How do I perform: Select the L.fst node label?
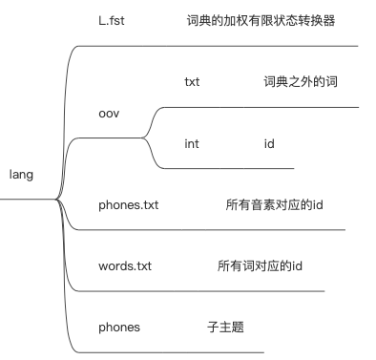pyautogui.click(x=114, y=18)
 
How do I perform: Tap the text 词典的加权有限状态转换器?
pyautogui.click(x=261, y=18)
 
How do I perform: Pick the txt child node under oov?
pyautogui.click(x=193, y=82)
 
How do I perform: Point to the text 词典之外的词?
pyautogui.click(x=300, y=82)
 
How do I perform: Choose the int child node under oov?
pyautogui.click(x=192, y=144)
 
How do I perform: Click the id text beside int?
pyautogui.click(x=269, y=144)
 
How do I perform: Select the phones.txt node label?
pyautogui.click(x=128, y=205)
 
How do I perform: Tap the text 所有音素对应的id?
pyautogui.click(x=275, y=205)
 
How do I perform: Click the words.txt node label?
pyautogui.click(x=124, y=265)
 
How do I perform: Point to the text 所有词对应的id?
pyautogui.click(x=260, y=265)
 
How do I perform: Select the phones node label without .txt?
pyautogui.click(x=119, y=327)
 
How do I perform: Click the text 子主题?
pyautogui.click(x=225, y=327)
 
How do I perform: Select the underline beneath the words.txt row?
pyautogui.click(x=210, y=291)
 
